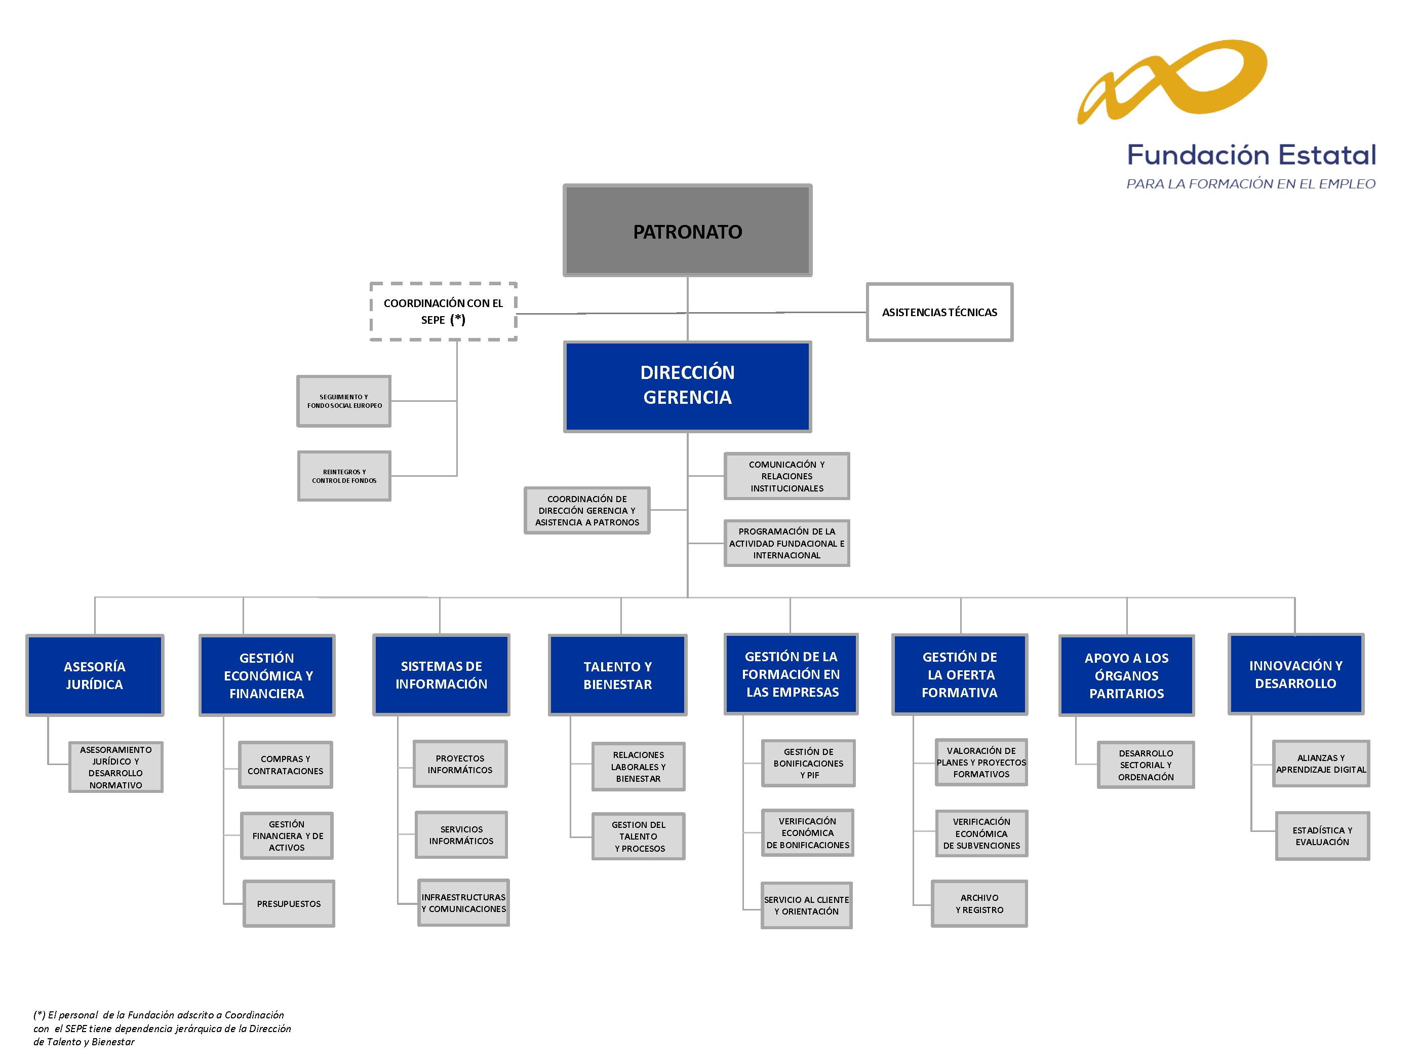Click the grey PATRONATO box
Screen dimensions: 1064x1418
click(687, 231)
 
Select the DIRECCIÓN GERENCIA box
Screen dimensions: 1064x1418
click(687, 386)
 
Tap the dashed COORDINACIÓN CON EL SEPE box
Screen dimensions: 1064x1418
click(443, 312)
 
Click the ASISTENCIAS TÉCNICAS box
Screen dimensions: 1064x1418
click(939, 312)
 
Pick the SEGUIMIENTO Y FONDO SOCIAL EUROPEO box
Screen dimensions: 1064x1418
click(344, 401)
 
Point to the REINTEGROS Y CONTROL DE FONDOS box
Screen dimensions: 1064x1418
click(344, 476)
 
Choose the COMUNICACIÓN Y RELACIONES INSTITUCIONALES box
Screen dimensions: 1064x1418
click(786, 476)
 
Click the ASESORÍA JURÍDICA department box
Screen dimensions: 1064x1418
click(95, 675)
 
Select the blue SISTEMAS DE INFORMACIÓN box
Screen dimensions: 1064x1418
click(441, 675)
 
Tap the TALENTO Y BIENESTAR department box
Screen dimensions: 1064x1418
click(617, 675)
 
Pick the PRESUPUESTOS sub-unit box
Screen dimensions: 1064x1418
click(289, 904)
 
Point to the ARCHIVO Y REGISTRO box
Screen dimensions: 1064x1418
click(979, 904)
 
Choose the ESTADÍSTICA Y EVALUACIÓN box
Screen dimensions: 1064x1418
click(1322, 835)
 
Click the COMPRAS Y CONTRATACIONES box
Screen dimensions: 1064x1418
click(285, 765)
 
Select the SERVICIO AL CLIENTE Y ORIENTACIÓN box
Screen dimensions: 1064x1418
click(806, 905)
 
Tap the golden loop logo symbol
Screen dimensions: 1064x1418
click(1173, 80)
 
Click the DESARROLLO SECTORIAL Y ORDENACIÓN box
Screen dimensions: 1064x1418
click(1146, 765)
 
